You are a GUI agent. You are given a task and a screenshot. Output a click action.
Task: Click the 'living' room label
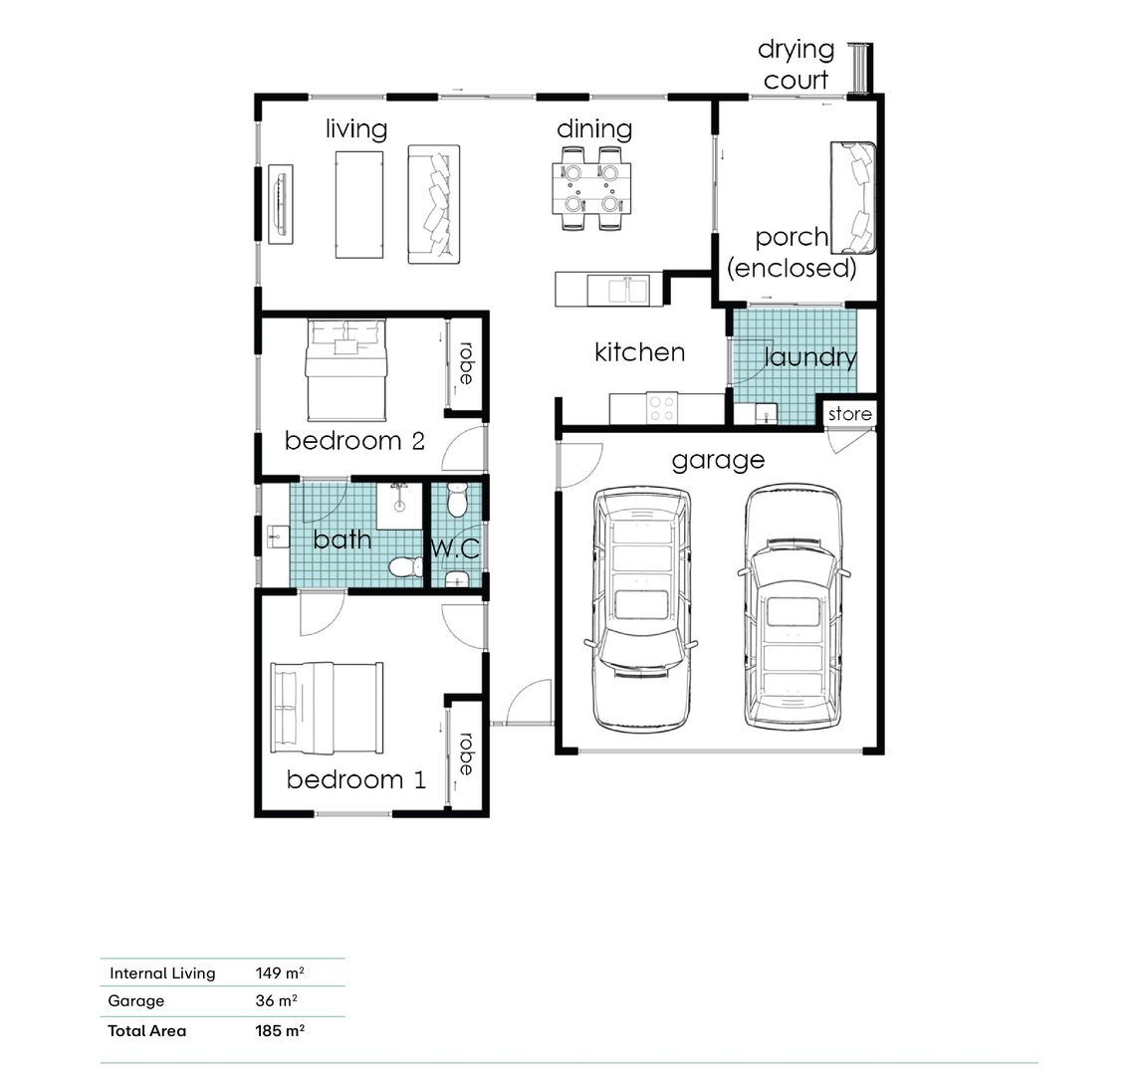[x=355, y=129]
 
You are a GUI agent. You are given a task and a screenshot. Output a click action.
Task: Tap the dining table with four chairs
[x=591, y=188]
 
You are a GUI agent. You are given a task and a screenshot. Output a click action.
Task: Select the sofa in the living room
[x=434, y=204]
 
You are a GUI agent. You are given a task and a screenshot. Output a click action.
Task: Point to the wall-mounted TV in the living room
[x=281, y=203]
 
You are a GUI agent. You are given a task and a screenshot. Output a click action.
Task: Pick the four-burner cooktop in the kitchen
[x=662, y=408]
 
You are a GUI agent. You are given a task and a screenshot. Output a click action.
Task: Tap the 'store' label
[x=849, y=414]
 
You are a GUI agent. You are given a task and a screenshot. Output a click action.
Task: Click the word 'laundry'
[x=810, y=357]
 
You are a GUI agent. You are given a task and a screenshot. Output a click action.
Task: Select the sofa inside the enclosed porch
[x=854, y=197]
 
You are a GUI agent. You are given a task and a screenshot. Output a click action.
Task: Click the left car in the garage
[x=640, y=608]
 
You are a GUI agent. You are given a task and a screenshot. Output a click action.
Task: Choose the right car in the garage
[x=794, y=607]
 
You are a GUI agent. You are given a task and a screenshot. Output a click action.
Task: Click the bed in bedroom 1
[x=327, y=708]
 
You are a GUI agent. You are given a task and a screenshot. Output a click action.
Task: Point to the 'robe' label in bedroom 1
[x=465, y=755]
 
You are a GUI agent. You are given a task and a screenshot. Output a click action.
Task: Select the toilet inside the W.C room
[x=457, y=500]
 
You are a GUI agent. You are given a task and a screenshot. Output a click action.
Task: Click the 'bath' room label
[x=342, y=539]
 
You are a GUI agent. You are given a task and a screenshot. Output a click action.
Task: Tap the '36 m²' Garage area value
[x=276, y=1001]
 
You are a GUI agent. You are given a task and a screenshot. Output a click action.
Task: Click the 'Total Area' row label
[x=146, y=1031]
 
